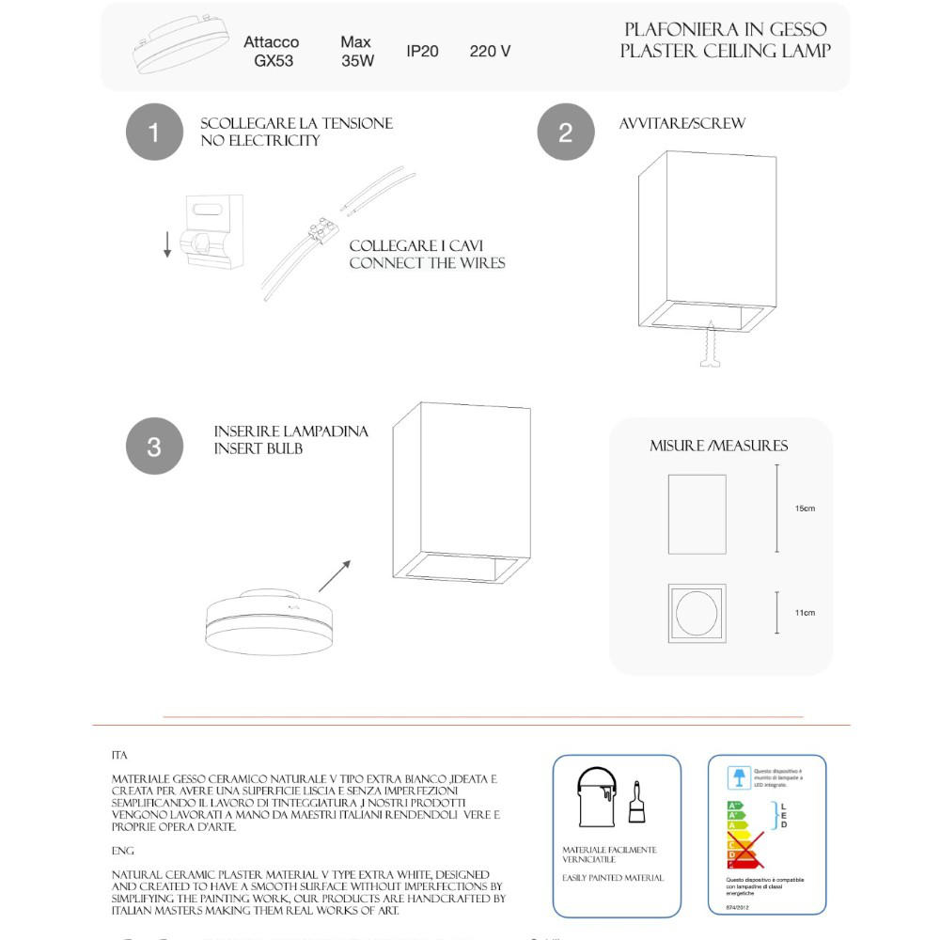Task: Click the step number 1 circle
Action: click(x=154, y=132)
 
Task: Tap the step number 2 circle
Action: click(x=565, y=132)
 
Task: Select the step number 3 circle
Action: click(x=154, y=446)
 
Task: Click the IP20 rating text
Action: click(x=422, y=51)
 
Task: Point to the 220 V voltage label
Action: click(x=490, y=51)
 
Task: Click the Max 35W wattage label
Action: click(x=356, y=52)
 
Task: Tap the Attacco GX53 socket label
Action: click(x=271, y=52)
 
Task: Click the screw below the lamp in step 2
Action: click(x=709, y=345)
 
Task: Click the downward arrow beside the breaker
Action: click(x=167, y=243)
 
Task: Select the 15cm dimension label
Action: click(x=805, y=509)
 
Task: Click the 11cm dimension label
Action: click(x=805, y=613)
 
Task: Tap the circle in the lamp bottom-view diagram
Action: click(x=697, y=613)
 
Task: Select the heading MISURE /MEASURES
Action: click(x=719, y=446)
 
